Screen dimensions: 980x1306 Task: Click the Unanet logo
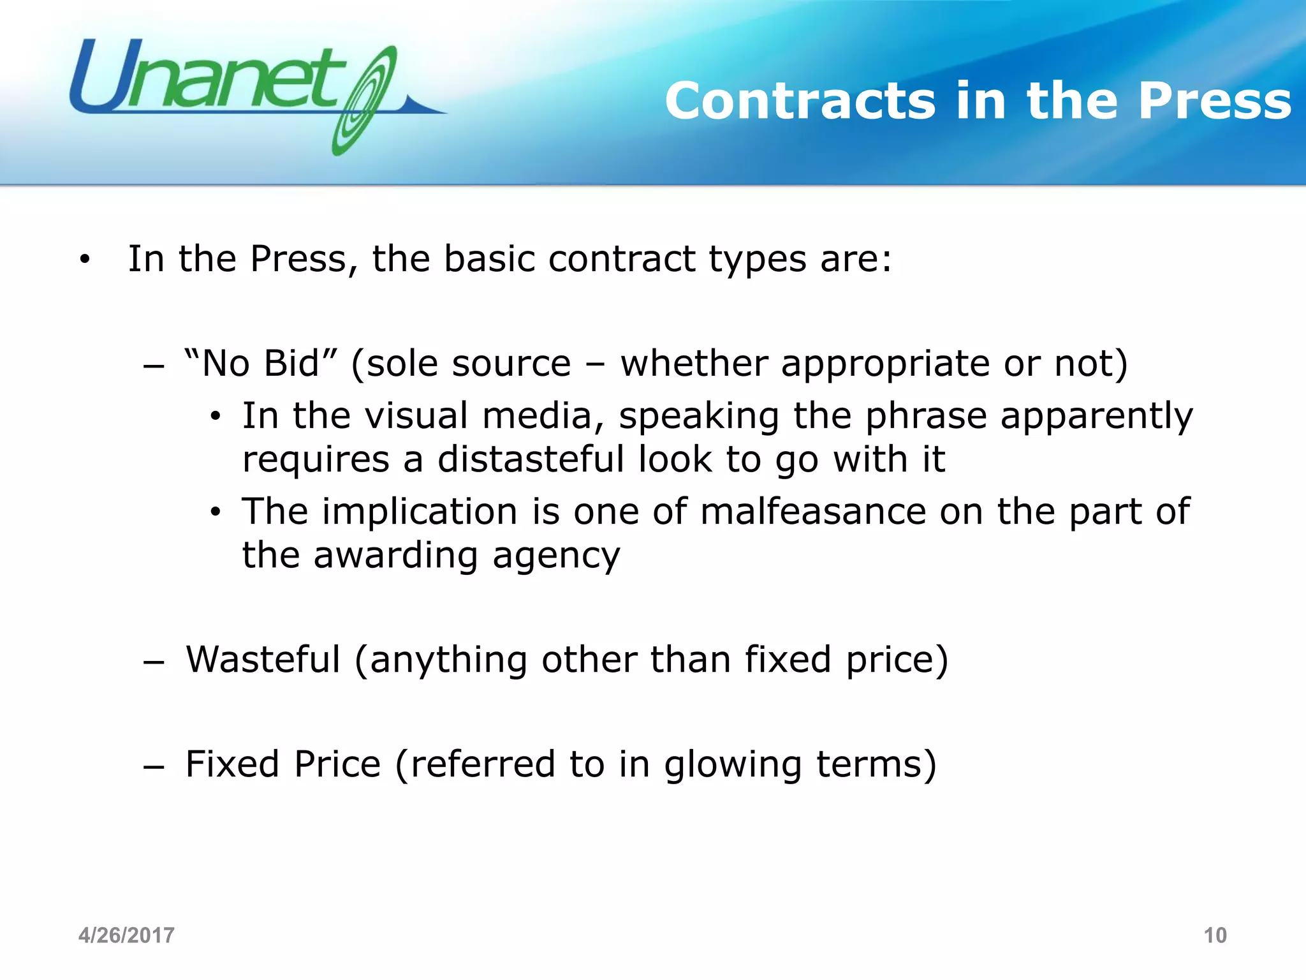[x=255, y=89]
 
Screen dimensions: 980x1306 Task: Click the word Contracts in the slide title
[x=800, y=101]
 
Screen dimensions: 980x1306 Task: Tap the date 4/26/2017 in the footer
[x=126, y=935]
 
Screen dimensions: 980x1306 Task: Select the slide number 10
[x=1214, y=935]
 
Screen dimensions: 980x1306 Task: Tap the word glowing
[x=733, y=764]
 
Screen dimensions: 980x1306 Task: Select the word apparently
[x=1096, y=416]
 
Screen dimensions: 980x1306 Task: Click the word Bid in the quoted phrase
[x=291, y=364]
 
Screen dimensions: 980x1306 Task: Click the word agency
[x=555, y=556]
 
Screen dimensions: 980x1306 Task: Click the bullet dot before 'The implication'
[x=216, y=512]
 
